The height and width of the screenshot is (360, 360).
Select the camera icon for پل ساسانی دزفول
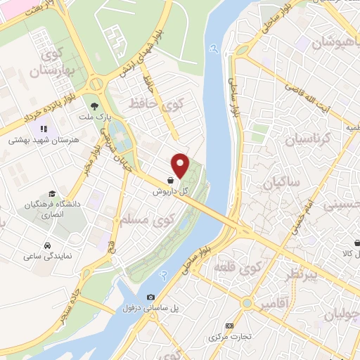(x=151, y=297)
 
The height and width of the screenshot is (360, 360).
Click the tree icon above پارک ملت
(x=93, y=106)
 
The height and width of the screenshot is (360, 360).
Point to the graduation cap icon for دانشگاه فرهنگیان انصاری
(x=52, y=193)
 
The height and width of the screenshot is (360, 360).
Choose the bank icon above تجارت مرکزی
(x=229, y=326)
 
